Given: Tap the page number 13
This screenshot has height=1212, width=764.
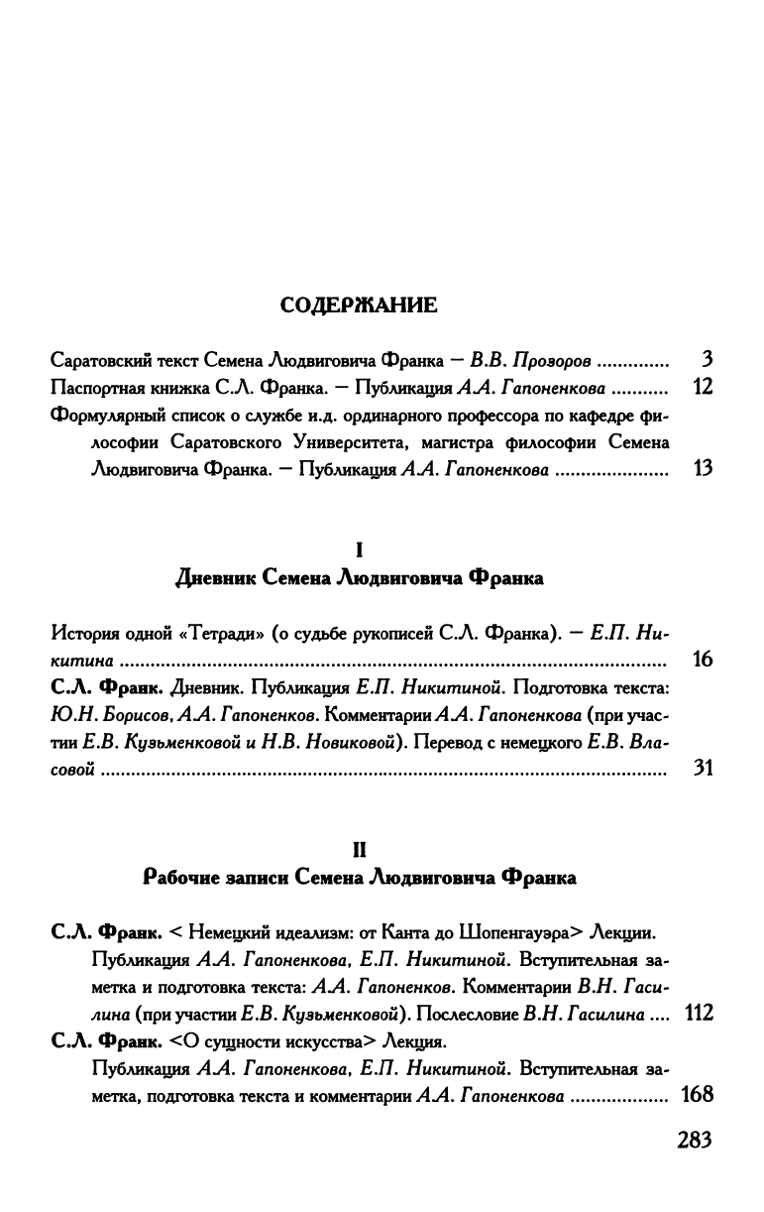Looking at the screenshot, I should pos(703,470).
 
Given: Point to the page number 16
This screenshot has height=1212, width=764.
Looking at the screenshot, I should pos(703,659).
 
